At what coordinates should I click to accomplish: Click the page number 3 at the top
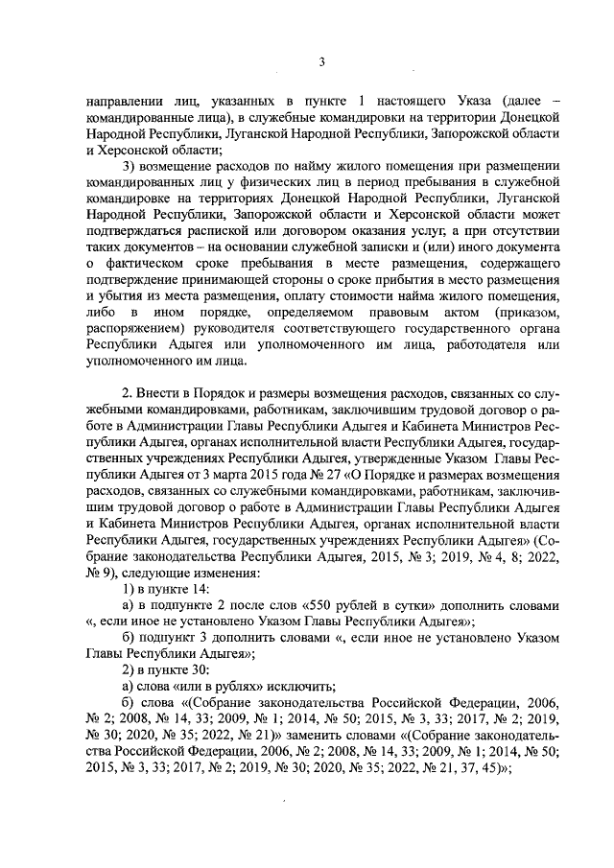pyautogui.click(x=321, y=63)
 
